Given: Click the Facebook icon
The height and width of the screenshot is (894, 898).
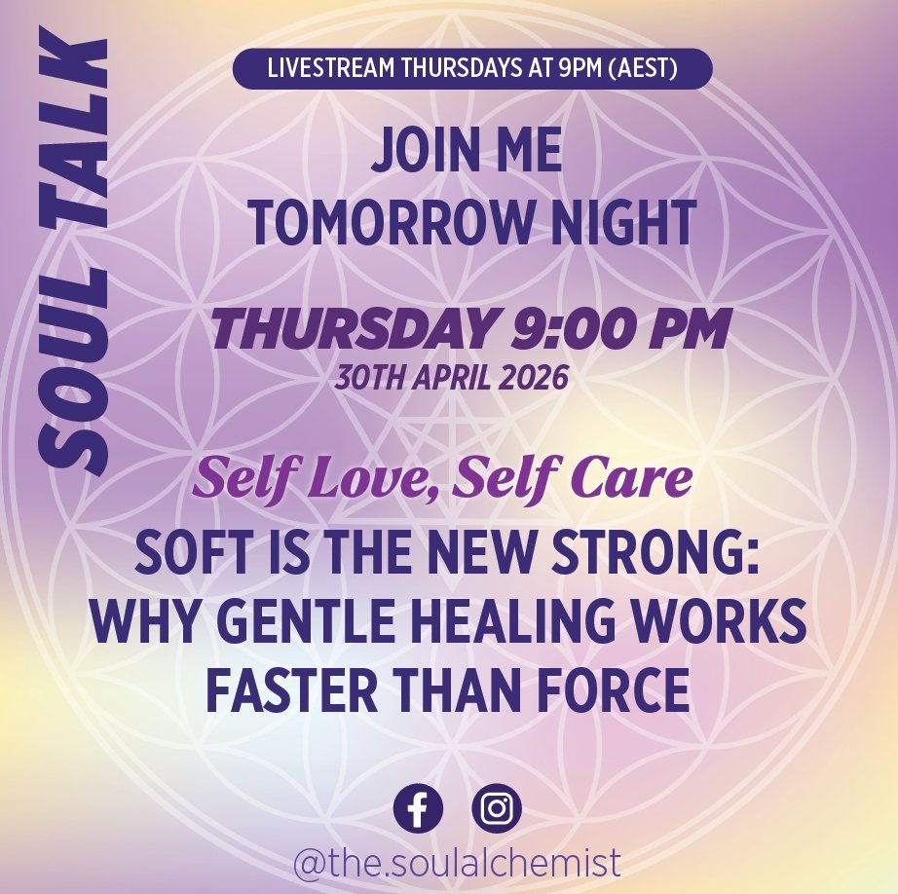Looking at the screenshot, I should pyautogui.click(x=418, y=808).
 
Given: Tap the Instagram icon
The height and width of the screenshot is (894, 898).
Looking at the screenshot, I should pyautogui.click(x=497, y=808).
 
